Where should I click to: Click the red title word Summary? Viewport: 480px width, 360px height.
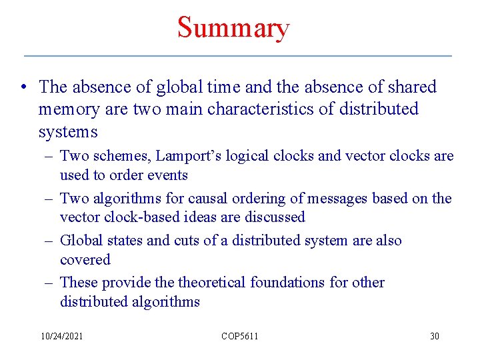click(x=233, y=28)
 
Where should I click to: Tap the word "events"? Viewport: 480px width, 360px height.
click(x=170, y=175)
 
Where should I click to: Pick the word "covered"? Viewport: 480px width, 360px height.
click(x=85, y=260)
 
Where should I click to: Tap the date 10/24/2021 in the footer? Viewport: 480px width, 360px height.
click(x=61, y=336)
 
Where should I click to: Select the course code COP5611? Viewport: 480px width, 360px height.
click(x=239, y=336)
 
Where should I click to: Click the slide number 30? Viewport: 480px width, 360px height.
click(x=434, y=336)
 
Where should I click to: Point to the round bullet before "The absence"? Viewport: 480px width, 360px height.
click(x=23, y=87)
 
